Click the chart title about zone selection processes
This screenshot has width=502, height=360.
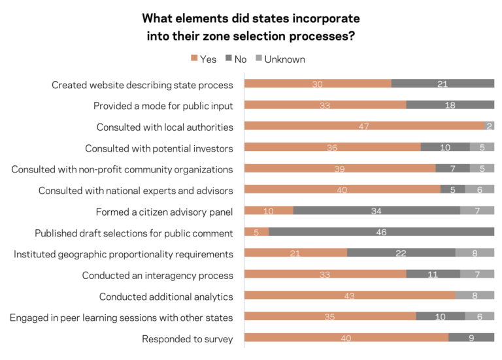click(251, 27)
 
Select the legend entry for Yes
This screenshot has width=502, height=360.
click(203, 59)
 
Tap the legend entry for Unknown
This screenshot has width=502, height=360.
click(281, 59)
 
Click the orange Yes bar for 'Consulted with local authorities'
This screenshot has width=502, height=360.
click(364, 126)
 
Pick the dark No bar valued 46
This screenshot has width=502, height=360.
click(381, 232)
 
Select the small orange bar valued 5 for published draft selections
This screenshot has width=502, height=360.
click(256, 232)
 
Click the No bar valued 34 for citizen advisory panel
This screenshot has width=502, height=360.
click(376, 210)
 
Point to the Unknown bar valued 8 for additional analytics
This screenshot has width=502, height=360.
click(475, 296)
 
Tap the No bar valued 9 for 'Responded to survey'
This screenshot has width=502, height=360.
click(471, 338)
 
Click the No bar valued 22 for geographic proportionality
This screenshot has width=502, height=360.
click(401, 254)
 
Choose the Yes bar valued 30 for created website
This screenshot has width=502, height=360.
click(318, 84)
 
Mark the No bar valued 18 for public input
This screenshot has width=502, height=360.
click(450, 105)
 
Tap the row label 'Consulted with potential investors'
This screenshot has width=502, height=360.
click(159, 148)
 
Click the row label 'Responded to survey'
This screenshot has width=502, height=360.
click(187, 338)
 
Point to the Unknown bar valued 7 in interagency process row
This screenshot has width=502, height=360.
click(477, 275)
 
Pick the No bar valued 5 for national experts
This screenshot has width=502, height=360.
click(452, 189)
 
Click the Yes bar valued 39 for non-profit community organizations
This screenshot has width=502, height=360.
click(339, 169)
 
